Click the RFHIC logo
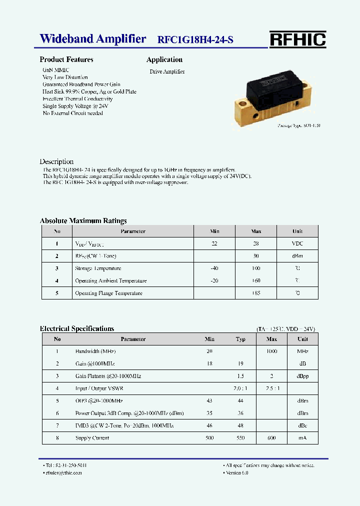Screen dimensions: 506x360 pyautogui.click(x=297, y=39)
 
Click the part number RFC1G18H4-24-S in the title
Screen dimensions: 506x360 pyautogui.click(x=195, y=40)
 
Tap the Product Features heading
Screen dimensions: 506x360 pyautogui.click(x=66, y=59)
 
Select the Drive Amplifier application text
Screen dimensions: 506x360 pyautogui.click(x=167, y=72)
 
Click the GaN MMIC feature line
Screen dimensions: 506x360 pyautogui.click(x=56, y=70)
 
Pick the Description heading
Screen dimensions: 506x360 pyautogui.click(x=56, y=161)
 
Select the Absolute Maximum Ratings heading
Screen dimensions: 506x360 pyautogui.click(x=83, y=220)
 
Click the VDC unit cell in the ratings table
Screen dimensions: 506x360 pyautogui.click(x=297, y=243)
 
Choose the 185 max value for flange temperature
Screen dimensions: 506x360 pyautogui.click(x=256, y=293)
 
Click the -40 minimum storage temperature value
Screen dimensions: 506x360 pyautogui.click(x=214, y=268)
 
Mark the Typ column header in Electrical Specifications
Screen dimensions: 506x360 pyautogui.click(x=240, y=339)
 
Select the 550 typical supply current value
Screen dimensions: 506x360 pyautogui.click(x=240, y=438)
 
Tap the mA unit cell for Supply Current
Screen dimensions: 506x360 pyautogui.click(x=302, y=438)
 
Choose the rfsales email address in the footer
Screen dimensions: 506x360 pyautogui.click(x=63, y=472)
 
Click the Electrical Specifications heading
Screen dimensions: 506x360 pyautogui.click(x=77, y=328)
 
